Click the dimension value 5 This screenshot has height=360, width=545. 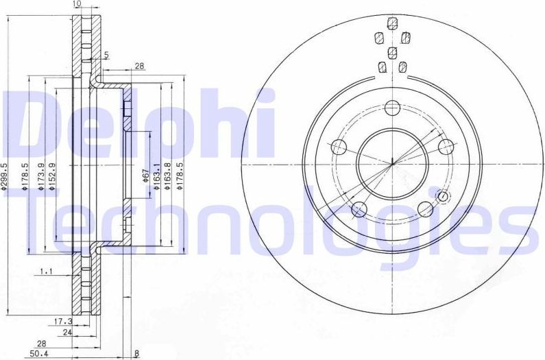pyautogui.click(x=108, y=56)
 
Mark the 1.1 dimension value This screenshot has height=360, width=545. pyautogui.click(x=47, y=272)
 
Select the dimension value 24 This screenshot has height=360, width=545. pyautogui.click(x=67, y=332)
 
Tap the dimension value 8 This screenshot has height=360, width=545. pyautogui.click(x=137, y=354)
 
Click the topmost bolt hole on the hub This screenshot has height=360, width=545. pyautogui.click(x=392, y=107)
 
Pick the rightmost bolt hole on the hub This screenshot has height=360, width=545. pyautogui.click(x=446, y=147)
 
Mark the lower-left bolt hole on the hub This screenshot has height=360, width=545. pyautogui.click(x=359, y=208)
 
